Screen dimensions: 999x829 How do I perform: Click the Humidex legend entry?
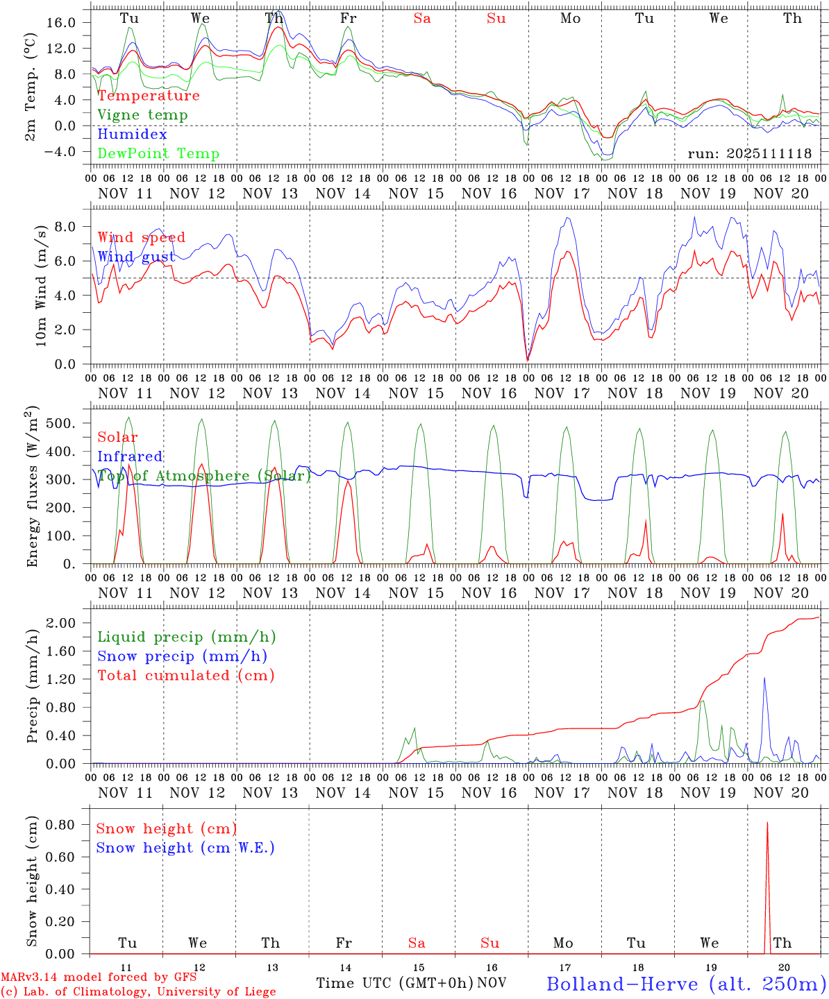[132, 135]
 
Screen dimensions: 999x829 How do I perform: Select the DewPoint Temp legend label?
[158, 154]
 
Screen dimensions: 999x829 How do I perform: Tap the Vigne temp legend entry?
[142, 115]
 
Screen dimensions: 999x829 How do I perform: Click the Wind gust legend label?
[136, 257]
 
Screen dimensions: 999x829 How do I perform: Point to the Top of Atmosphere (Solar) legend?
[204, 476]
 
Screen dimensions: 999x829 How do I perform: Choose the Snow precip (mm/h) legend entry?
[182, 656]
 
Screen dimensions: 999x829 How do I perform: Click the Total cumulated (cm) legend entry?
[185, 676]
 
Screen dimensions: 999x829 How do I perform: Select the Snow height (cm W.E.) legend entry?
[185, 848]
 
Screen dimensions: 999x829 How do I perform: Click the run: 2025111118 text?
[749, 153]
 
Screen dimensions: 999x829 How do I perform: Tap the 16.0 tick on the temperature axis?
[61, 23]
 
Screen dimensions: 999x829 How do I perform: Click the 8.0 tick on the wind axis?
[66, 227]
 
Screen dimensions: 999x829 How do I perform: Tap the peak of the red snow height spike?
[767, 823]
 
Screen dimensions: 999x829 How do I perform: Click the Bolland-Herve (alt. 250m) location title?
[686, 983]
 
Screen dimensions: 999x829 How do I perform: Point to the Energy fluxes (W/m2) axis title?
[32, 488]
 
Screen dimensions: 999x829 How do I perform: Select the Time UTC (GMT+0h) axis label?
[394, 983]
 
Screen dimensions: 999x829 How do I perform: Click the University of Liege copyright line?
[137, 992]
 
